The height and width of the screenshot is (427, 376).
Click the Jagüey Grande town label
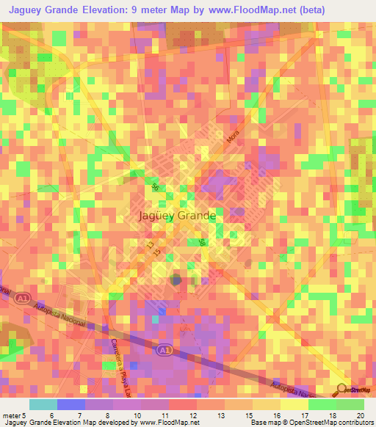coord(176,216)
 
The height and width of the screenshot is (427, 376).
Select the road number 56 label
coord(155,187)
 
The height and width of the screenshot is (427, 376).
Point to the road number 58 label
coord(202,243)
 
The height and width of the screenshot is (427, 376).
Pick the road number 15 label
coord(157,252)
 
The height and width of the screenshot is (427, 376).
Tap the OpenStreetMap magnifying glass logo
coord(341,390)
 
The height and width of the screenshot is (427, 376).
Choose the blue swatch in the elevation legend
coord(70,404)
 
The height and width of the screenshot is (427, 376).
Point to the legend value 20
coord(359,415)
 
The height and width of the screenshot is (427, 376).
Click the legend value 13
coord(220,415)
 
